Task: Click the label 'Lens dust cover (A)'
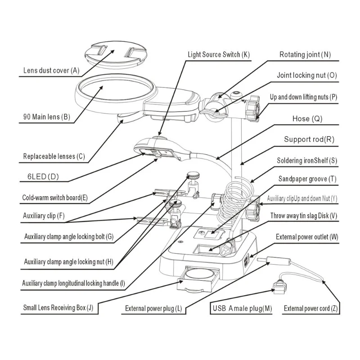pos(51,70)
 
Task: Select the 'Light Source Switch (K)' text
pos(219,55)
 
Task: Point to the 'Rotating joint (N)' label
pos(305,55)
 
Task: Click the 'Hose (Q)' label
pos(307,119)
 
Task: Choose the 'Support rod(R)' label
pos(309,139)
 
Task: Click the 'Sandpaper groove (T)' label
pos(307,179)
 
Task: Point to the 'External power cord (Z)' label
pos(310,308)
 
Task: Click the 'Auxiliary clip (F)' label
pos(44,216)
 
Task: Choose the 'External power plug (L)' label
pos(153,308)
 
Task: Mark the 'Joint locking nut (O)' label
pos(306,76)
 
